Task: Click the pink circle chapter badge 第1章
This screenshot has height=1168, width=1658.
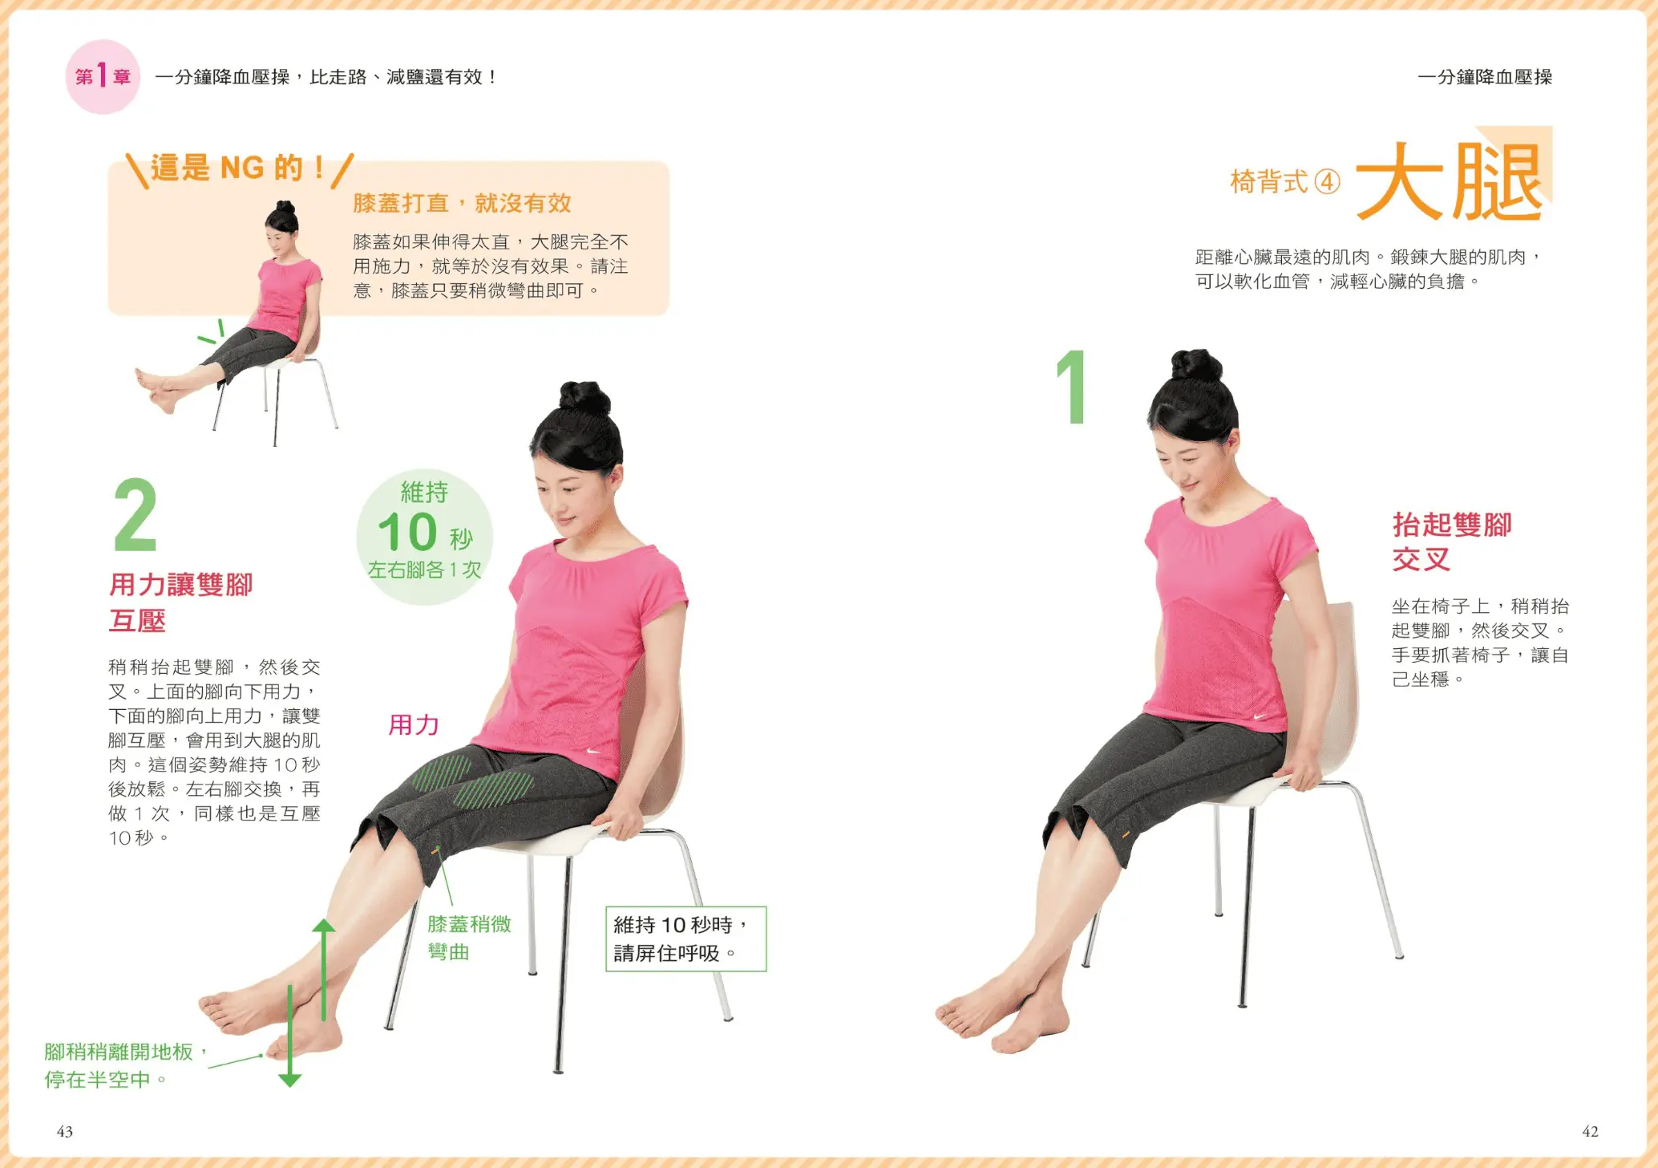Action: (103, 77)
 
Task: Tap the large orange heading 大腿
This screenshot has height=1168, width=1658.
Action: (1449, 181)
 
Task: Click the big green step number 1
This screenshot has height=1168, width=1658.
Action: (1072, 387)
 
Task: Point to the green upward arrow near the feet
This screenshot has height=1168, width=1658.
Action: (323, 970)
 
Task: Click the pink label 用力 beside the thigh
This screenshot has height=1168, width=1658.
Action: (414, 725)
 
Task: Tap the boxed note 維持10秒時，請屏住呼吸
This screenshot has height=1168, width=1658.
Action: (685, 939)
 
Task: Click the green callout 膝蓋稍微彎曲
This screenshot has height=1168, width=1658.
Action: (469, 938)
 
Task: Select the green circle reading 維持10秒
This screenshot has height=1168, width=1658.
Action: (424, 537)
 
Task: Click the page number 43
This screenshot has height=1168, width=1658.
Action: (65, 1131)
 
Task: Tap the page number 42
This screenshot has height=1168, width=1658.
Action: (1590, 1131)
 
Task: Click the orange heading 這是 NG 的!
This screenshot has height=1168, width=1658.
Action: (239, 168)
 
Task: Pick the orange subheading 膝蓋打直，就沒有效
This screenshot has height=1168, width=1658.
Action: (462, 203)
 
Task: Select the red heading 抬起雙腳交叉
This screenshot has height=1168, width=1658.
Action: (1451, 541)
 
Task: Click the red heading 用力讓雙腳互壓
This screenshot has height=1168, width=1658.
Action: (180, 602)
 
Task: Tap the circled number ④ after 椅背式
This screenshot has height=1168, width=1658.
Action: (1328, 182)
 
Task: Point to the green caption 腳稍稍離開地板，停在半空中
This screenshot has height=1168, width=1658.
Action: (126, 1065)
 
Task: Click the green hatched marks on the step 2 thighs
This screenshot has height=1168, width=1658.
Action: (473, 781)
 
